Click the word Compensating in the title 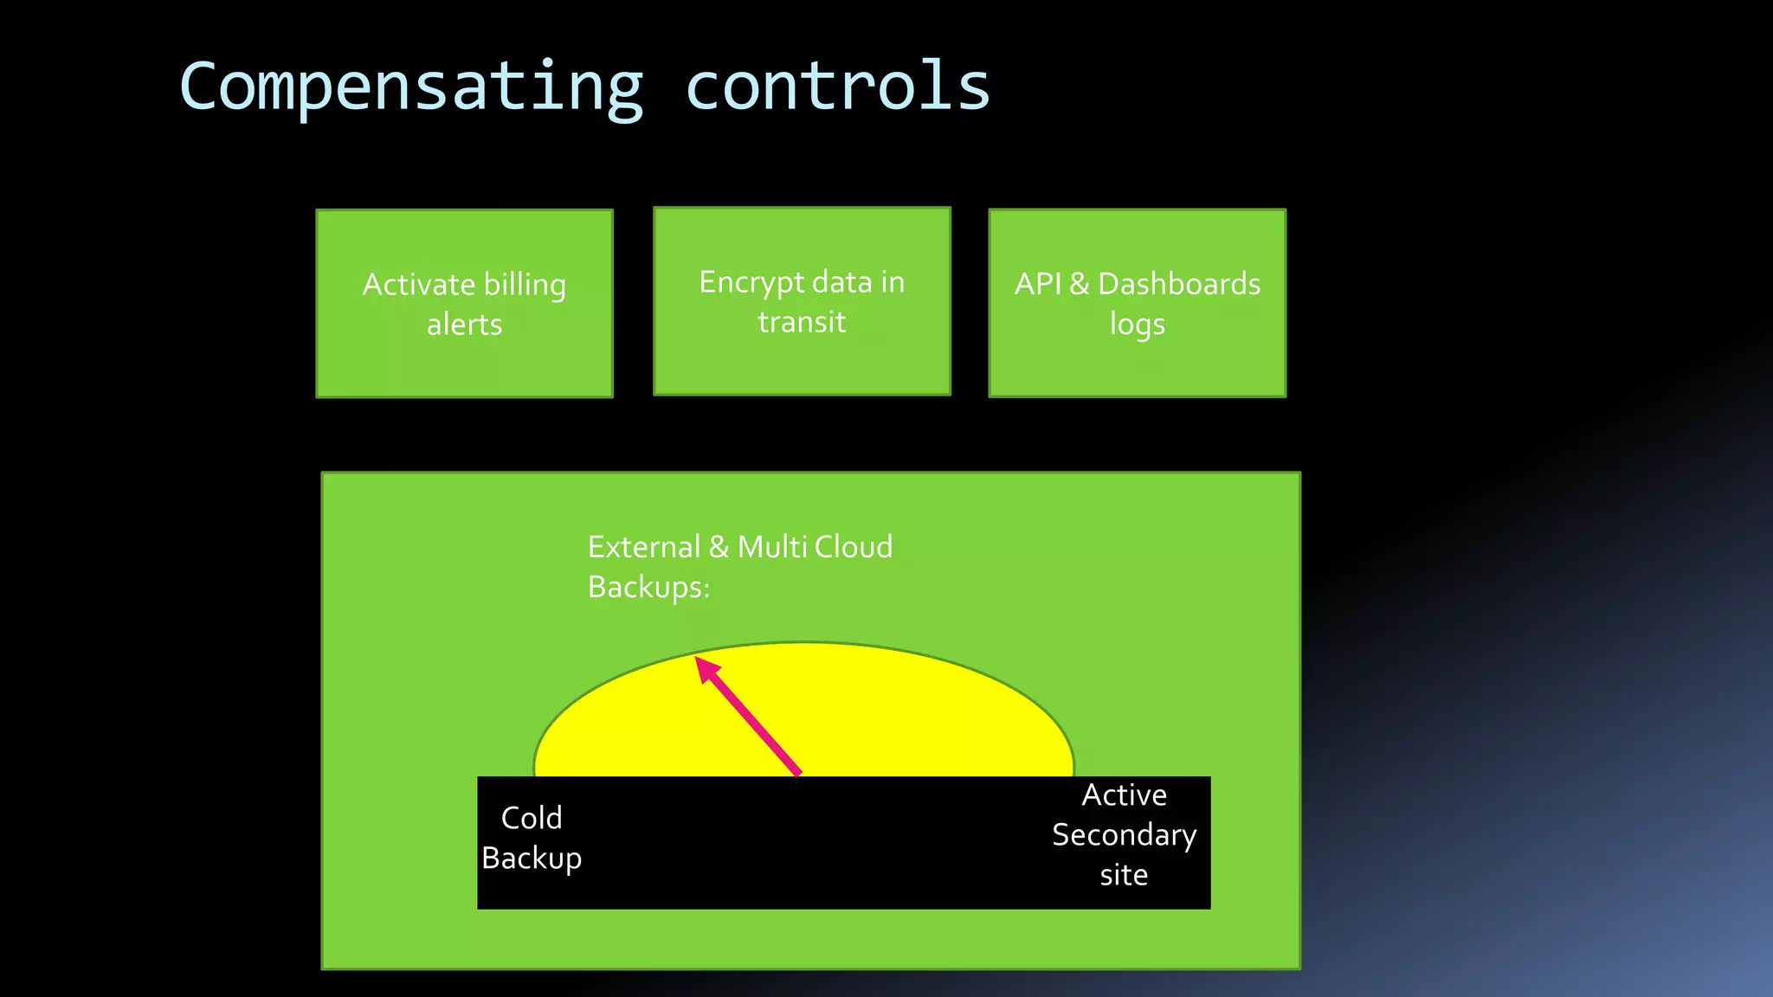point(411,87)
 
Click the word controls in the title point(837,87)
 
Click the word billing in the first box point(525,285)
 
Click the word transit point(802,322)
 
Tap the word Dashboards point(1179,284)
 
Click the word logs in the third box point(1137,325)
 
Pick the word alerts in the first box point(464,325)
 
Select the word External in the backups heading point(643,547)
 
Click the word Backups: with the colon point(648,588)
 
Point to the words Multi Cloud point(815,547)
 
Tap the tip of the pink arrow point(698,659)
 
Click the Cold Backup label point(532,838)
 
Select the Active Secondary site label point(1124,835)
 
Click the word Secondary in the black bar point(1124,835)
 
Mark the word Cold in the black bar point(532,818)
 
